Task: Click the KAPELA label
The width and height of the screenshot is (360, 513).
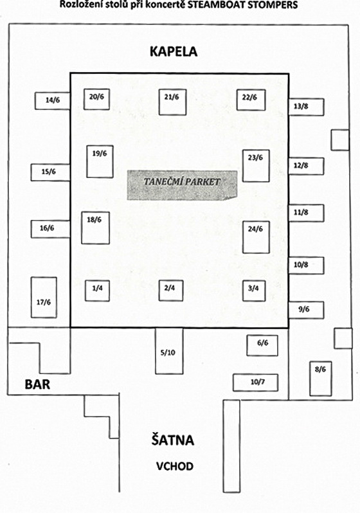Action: [x=174, y=51]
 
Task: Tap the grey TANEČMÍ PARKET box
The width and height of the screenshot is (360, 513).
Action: [x=182, y=185]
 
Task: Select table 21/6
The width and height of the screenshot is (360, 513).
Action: [x=172, y=102]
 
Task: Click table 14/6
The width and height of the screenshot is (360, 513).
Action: [x=52, y=101]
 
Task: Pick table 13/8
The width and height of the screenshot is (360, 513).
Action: [x=307, y=107]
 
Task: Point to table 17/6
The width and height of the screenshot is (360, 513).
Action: [x=44, y=298]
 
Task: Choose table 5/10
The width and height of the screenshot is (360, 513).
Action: [x=169, y=351]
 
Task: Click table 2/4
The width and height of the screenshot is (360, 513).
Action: [x=171, y=291]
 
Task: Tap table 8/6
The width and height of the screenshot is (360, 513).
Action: [x=320, y=379]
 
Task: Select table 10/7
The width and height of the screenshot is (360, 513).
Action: [x=256, y=382]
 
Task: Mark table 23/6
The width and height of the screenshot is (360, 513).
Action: [x=256, y=166]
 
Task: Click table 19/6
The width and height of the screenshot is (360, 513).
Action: [x=100, y=161]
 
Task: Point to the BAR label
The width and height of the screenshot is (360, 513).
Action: [x=37, y=384]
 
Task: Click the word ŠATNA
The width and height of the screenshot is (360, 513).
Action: [x=172, y=440]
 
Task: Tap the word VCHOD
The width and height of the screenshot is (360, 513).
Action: [x=174, y=466]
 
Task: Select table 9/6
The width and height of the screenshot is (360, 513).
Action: [x=307, y=310]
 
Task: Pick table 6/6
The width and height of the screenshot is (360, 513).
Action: [x=262, y=345]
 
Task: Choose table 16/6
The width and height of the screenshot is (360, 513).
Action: [x=50, y=229]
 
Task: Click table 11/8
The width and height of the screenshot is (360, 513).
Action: [x=307, y=213]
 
